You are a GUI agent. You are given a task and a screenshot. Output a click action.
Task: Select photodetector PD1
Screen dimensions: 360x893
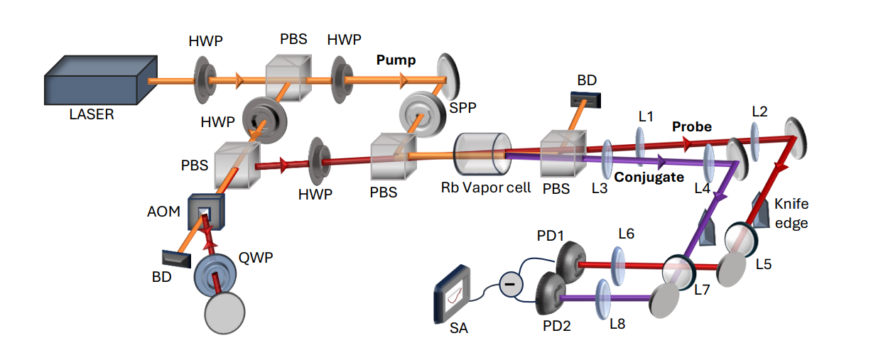568,262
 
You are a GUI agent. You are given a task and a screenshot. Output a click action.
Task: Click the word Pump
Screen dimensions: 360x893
396,61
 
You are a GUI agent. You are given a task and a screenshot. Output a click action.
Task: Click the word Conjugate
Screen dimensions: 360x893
649,177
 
